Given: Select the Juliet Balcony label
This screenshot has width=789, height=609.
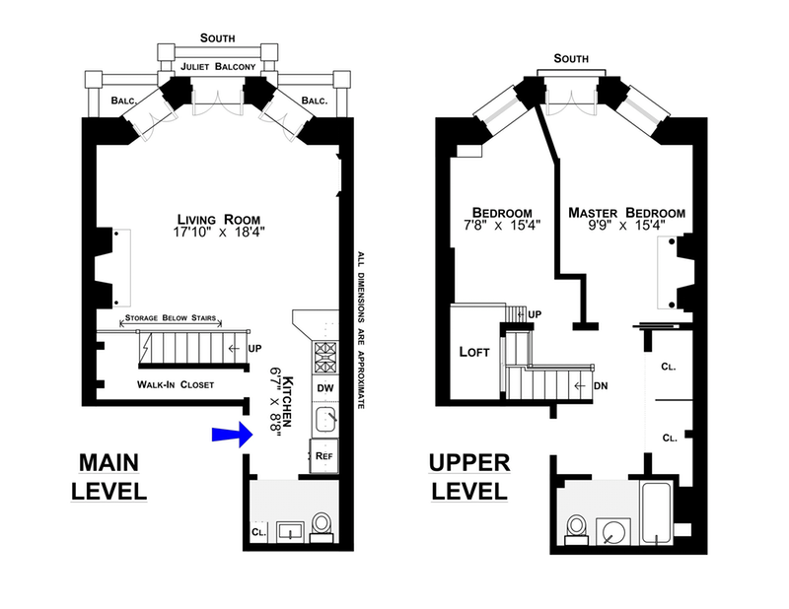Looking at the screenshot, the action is tap(217, 67).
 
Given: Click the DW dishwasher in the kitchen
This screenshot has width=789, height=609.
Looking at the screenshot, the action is tap(325, 388).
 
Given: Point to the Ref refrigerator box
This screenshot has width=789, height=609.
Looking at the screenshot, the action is tap(323, 456).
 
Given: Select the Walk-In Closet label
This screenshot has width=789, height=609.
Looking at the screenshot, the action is tap(176, 384).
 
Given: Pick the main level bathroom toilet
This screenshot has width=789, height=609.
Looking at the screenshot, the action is tap(321, 523).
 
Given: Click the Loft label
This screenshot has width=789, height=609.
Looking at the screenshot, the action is tap(475, 352).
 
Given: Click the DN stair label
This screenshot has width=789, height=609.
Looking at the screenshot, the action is tap(601, 385).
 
